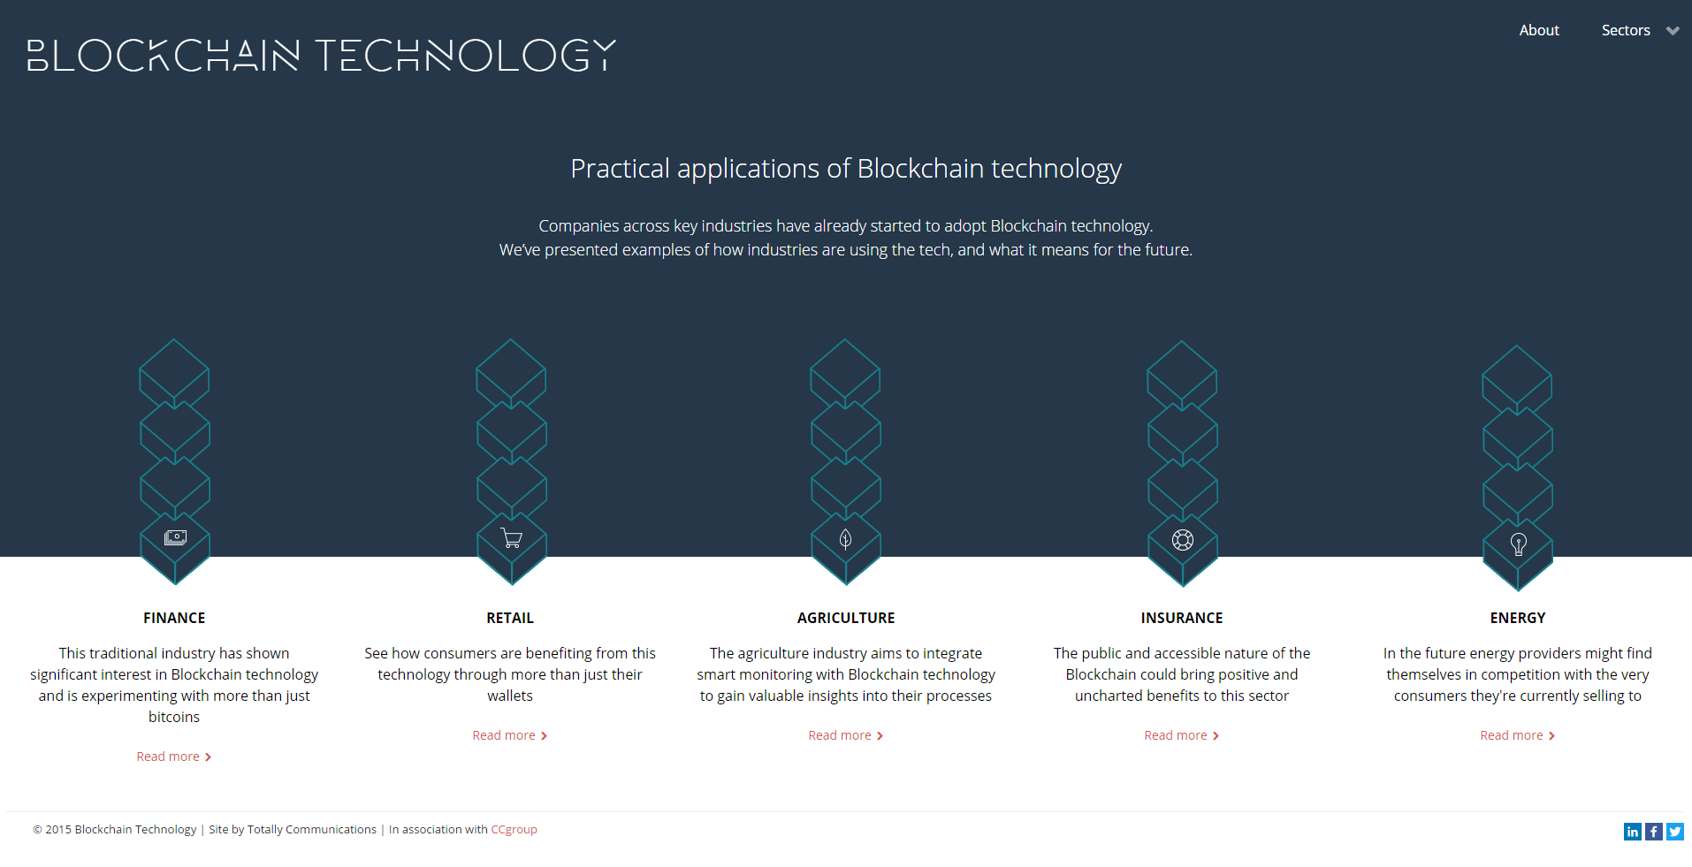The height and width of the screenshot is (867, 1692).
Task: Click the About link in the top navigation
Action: [x=1539, y=30]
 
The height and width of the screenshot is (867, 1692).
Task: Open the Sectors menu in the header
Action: [x=1626, y=30]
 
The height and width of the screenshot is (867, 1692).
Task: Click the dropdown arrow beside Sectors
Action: [x=1673, y=31]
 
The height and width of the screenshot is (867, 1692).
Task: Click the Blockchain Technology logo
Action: [x=322, y=55]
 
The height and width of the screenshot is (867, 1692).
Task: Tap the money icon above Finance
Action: [x=175, y=537]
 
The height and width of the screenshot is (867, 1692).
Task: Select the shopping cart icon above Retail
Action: [x=511, y=538]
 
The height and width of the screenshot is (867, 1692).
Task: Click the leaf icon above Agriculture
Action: [x=846, y=539]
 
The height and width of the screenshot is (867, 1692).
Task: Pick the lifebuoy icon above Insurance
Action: [x=1183, y=540]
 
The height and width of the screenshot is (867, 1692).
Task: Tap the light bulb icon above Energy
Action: [x=1519, y=544]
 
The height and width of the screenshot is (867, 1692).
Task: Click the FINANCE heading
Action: [x=174, y=618]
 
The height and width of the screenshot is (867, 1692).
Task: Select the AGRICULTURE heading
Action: [x=846, y=618]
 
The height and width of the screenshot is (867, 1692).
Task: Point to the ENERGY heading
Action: [x=1518, y=618]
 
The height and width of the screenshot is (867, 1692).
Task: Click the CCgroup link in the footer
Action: [x=514, y=829]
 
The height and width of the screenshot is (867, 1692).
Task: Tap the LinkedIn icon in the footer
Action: [x=1633, y=832]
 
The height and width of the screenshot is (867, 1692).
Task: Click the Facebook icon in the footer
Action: [x=1654, y=832]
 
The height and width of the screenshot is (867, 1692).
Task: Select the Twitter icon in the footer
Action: [x=1675, y=832]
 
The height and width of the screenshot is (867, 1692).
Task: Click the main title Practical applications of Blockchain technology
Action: [x=846, y=168]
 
